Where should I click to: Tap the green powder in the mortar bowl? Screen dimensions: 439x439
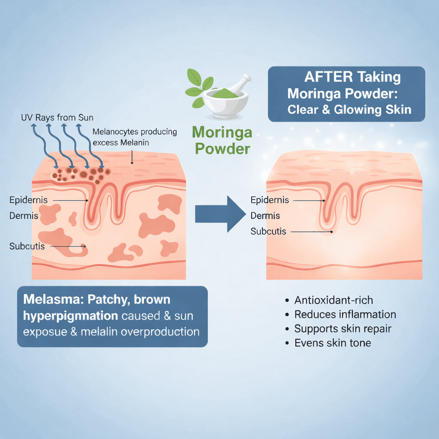(225, 93)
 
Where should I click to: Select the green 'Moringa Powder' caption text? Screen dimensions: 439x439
(223, 140)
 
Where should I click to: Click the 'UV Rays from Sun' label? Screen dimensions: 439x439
(57, 117)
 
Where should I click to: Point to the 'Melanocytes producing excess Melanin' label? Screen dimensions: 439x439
(135, 137)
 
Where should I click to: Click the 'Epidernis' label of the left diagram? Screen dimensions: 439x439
(28, 200)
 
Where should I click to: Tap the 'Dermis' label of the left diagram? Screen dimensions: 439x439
(24, 216)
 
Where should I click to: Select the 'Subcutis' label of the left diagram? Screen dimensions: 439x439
(27, 247)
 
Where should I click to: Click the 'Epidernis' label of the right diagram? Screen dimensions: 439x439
(270, 200)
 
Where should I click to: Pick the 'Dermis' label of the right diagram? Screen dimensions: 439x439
(265, 216)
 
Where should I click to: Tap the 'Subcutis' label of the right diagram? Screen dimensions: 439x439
(268, 232)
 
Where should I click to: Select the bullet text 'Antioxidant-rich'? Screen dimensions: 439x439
(334, 300)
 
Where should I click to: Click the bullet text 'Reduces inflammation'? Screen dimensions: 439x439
(345, 314)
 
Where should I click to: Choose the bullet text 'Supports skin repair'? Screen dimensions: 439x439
(343, 329)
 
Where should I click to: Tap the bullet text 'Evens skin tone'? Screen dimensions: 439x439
(333, 343)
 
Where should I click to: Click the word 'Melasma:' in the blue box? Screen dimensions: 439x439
(54, 299)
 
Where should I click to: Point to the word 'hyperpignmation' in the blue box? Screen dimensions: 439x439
(70, 316)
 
